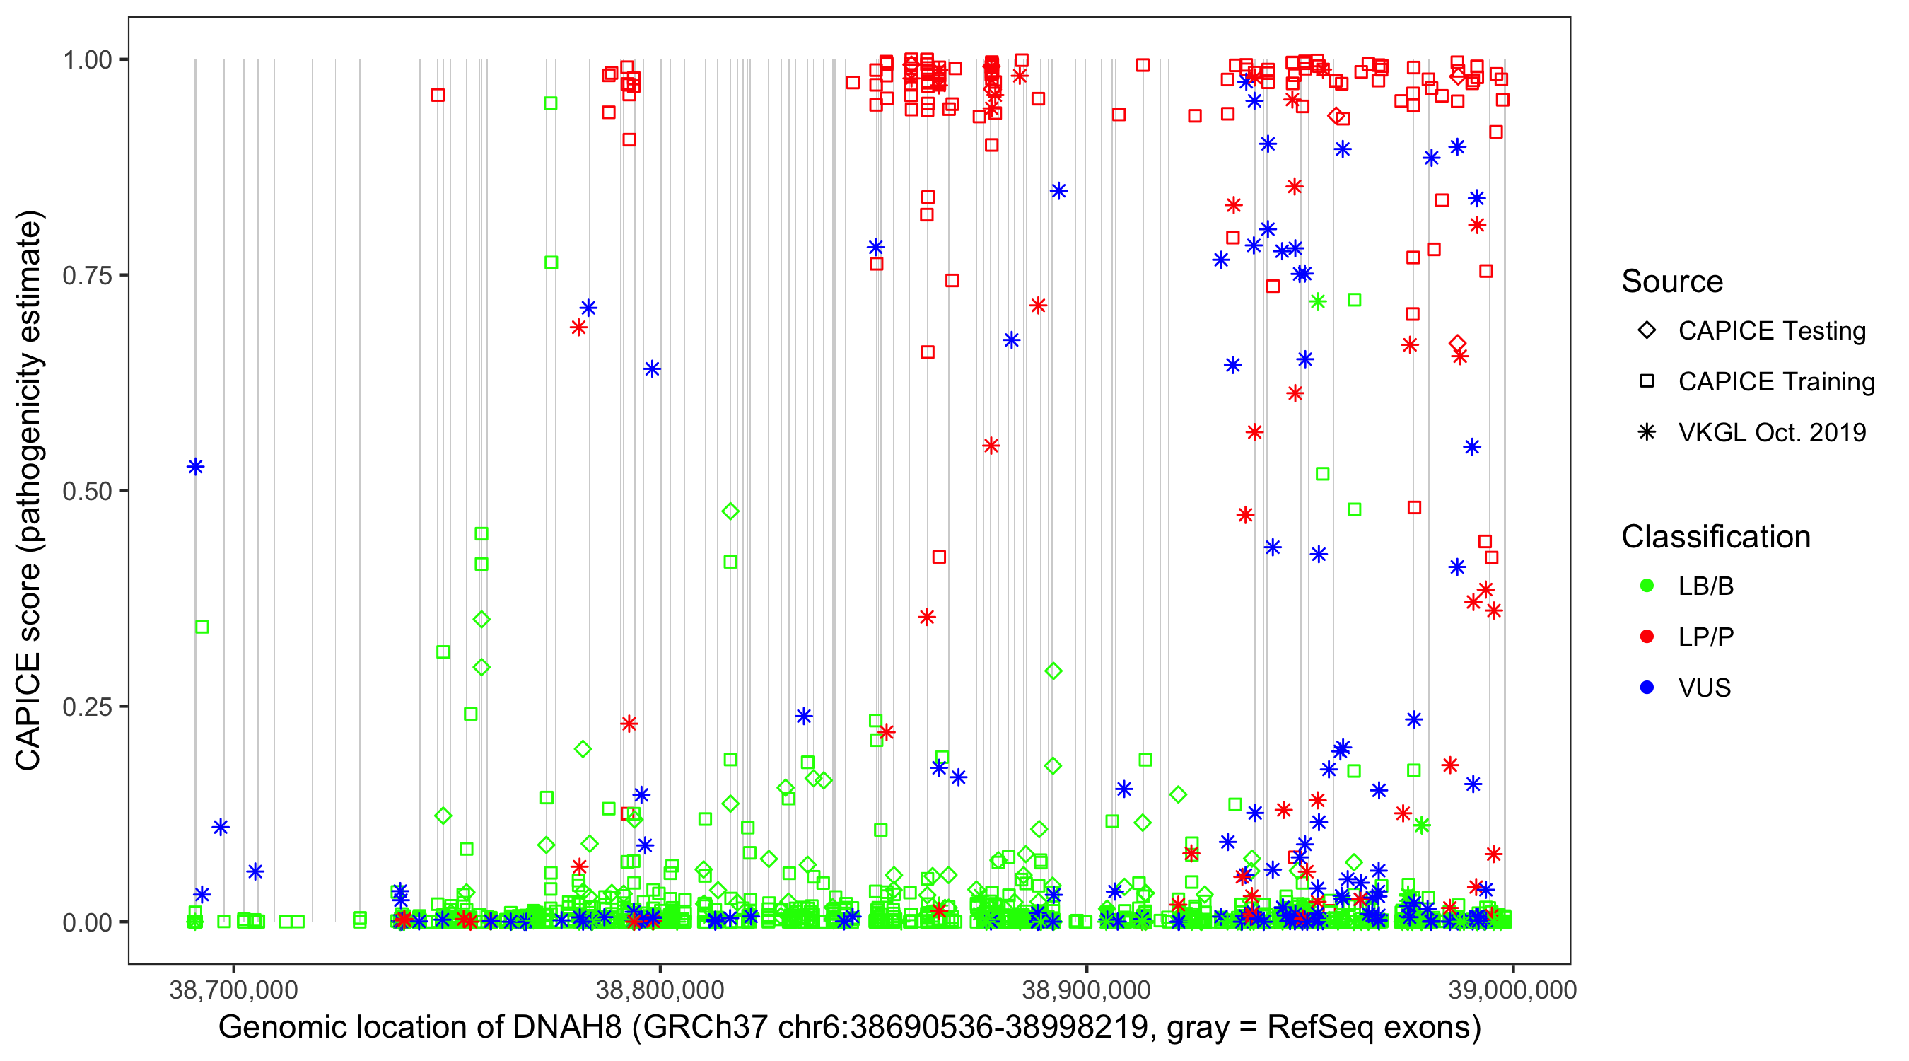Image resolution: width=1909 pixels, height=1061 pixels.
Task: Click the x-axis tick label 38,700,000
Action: (233, 990)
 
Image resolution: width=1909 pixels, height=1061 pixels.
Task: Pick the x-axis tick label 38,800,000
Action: (660, 990)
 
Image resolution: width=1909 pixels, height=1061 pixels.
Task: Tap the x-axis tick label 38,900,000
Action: (1087, 990)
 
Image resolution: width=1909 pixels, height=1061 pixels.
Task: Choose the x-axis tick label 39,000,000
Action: (1512, 990)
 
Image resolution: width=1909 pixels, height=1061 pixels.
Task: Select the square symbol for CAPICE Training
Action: (1647, 382)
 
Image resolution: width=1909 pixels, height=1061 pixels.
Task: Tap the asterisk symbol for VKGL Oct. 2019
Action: (1647, 432)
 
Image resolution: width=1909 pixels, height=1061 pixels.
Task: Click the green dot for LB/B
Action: (1647, 586)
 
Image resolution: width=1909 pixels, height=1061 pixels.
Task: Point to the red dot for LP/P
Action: (1647, 637)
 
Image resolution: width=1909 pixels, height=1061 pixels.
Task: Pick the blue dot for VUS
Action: (1647, 688)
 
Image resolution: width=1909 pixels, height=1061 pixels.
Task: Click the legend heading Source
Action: (1672, 282)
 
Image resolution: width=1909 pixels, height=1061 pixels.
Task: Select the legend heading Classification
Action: (1715, 537)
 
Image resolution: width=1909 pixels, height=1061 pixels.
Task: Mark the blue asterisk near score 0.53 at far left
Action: (196, 466)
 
